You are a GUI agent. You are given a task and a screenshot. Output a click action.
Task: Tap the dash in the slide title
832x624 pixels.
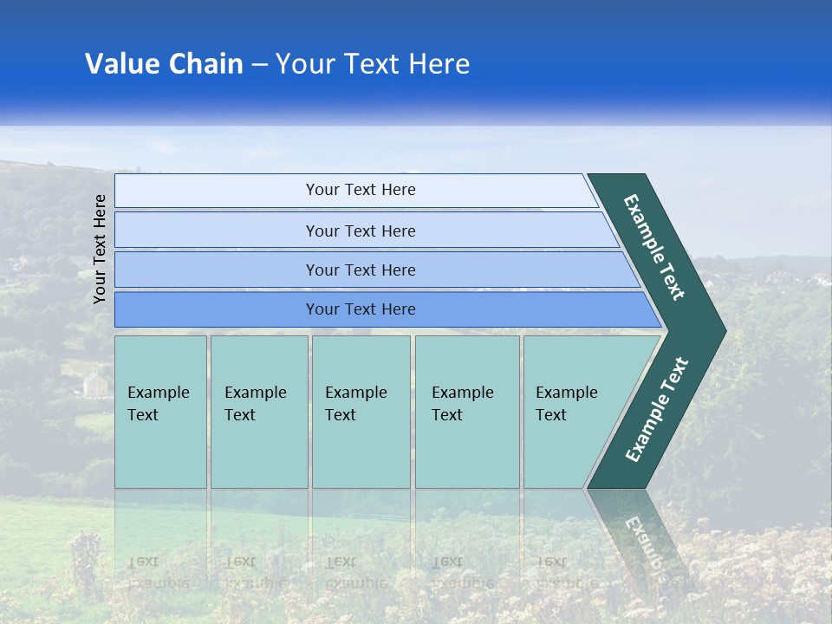coord(259,65)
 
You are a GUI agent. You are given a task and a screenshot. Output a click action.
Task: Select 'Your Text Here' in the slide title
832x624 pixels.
coord(373,64)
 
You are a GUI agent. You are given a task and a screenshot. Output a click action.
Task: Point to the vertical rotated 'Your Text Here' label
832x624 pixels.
coord(100,249)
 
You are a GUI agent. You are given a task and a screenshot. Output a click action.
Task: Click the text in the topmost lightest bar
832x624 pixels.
coord(361,190)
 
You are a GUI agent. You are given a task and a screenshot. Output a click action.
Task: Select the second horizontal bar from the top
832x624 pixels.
coord(361,231)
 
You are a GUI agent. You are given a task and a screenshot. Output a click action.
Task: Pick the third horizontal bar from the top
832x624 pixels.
coord(361,270)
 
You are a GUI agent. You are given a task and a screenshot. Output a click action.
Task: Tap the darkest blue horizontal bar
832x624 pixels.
coord(361,309)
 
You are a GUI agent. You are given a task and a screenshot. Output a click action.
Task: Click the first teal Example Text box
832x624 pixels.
coord(160,412)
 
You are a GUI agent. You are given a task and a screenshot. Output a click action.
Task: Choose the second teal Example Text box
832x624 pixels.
coord(259,412)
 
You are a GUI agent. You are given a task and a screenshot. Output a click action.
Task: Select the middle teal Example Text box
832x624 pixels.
coord(361,412)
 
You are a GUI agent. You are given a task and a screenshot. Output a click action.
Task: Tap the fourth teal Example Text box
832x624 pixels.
coord(467,412)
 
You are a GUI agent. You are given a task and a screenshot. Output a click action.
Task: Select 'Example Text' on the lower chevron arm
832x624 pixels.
coord(657,410)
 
